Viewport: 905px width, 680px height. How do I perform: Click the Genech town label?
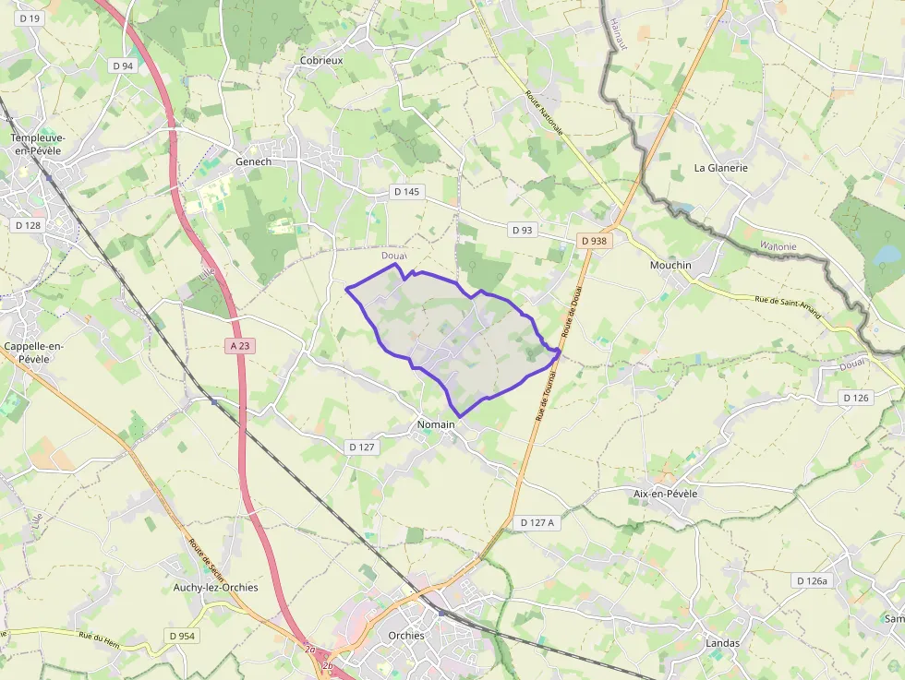[x=254, y=161]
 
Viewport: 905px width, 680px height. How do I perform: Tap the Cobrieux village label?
[x=321, y=60]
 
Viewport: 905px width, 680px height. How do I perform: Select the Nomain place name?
[x=435, y=424]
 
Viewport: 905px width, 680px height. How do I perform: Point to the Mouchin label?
[x=670, y=265]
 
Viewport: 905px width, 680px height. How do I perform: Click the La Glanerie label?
[x=720, y=168]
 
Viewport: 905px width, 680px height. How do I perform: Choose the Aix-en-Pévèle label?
[x=665, y=494]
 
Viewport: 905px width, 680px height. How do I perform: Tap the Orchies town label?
[x=406, y=635]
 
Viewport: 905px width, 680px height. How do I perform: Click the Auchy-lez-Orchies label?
[x=216, y=587]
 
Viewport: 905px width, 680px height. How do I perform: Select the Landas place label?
[x=722, y=642]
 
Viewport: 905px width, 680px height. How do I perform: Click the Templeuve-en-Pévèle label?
[x=38, y=144]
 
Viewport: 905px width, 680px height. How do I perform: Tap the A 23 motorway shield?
[x=240, y=345]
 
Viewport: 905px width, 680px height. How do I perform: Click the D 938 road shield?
[x=595, y=241]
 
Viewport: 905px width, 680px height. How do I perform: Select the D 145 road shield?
[x=405, y=192]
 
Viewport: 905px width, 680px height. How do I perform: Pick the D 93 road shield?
[x=522, y=230]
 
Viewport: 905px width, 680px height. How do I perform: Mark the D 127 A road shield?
[x=537, y=522]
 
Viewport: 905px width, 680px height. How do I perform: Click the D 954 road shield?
[x=184, y=636]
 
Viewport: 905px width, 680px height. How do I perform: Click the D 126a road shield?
[x=813, y=580]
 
